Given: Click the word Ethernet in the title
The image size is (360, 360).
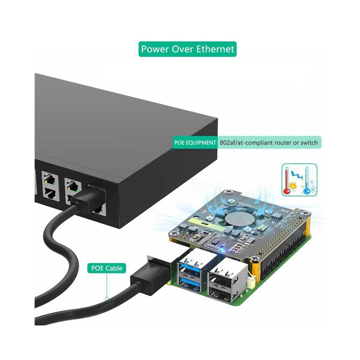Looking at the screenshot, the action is point(215,49).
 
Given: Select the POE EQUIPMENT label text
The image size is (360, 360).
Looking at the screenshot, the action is point(195,143).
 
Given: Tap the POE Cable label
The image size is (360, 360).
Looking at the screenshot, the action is point(107,268).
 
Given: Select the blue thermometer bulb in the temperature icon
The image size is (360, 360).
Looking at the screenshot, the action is point(306,192).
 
